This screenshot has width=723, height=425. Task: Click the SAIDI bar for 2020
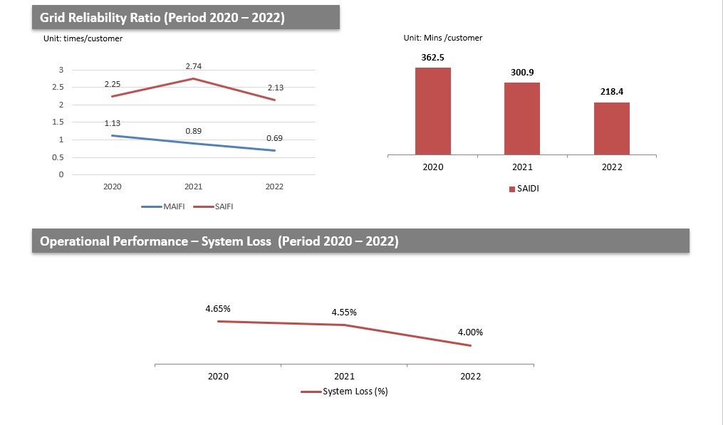pos(433,110)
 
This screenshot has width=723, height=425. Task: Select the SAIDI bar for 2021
pos(522,118)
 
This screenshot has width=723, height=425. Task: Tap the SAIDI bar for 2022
pos(612,128)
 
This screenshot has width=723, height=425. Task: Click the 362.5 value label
pos(433,57)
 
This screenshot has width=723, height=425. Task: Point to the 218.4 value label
pos(612,92)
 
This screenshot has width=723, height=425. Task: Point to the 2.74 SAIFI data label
pos(194,66)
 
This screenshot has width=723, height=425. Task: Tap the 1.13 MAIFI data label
pos(113,124)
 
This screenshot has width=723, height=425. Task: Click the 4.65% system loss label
pos(218,309)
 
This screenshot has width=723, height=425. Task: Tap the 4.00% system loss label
pos(471,332)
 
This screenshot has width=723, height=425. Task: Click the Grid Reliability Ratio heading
pos(162,18)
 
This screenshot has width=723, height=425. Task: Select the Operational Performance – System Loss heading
pos(219,241)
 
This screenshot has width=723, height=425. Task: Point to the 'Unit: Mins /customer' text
pos(443,38)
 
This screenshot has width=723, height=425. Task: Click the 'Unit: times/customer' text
pos(83,38)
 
